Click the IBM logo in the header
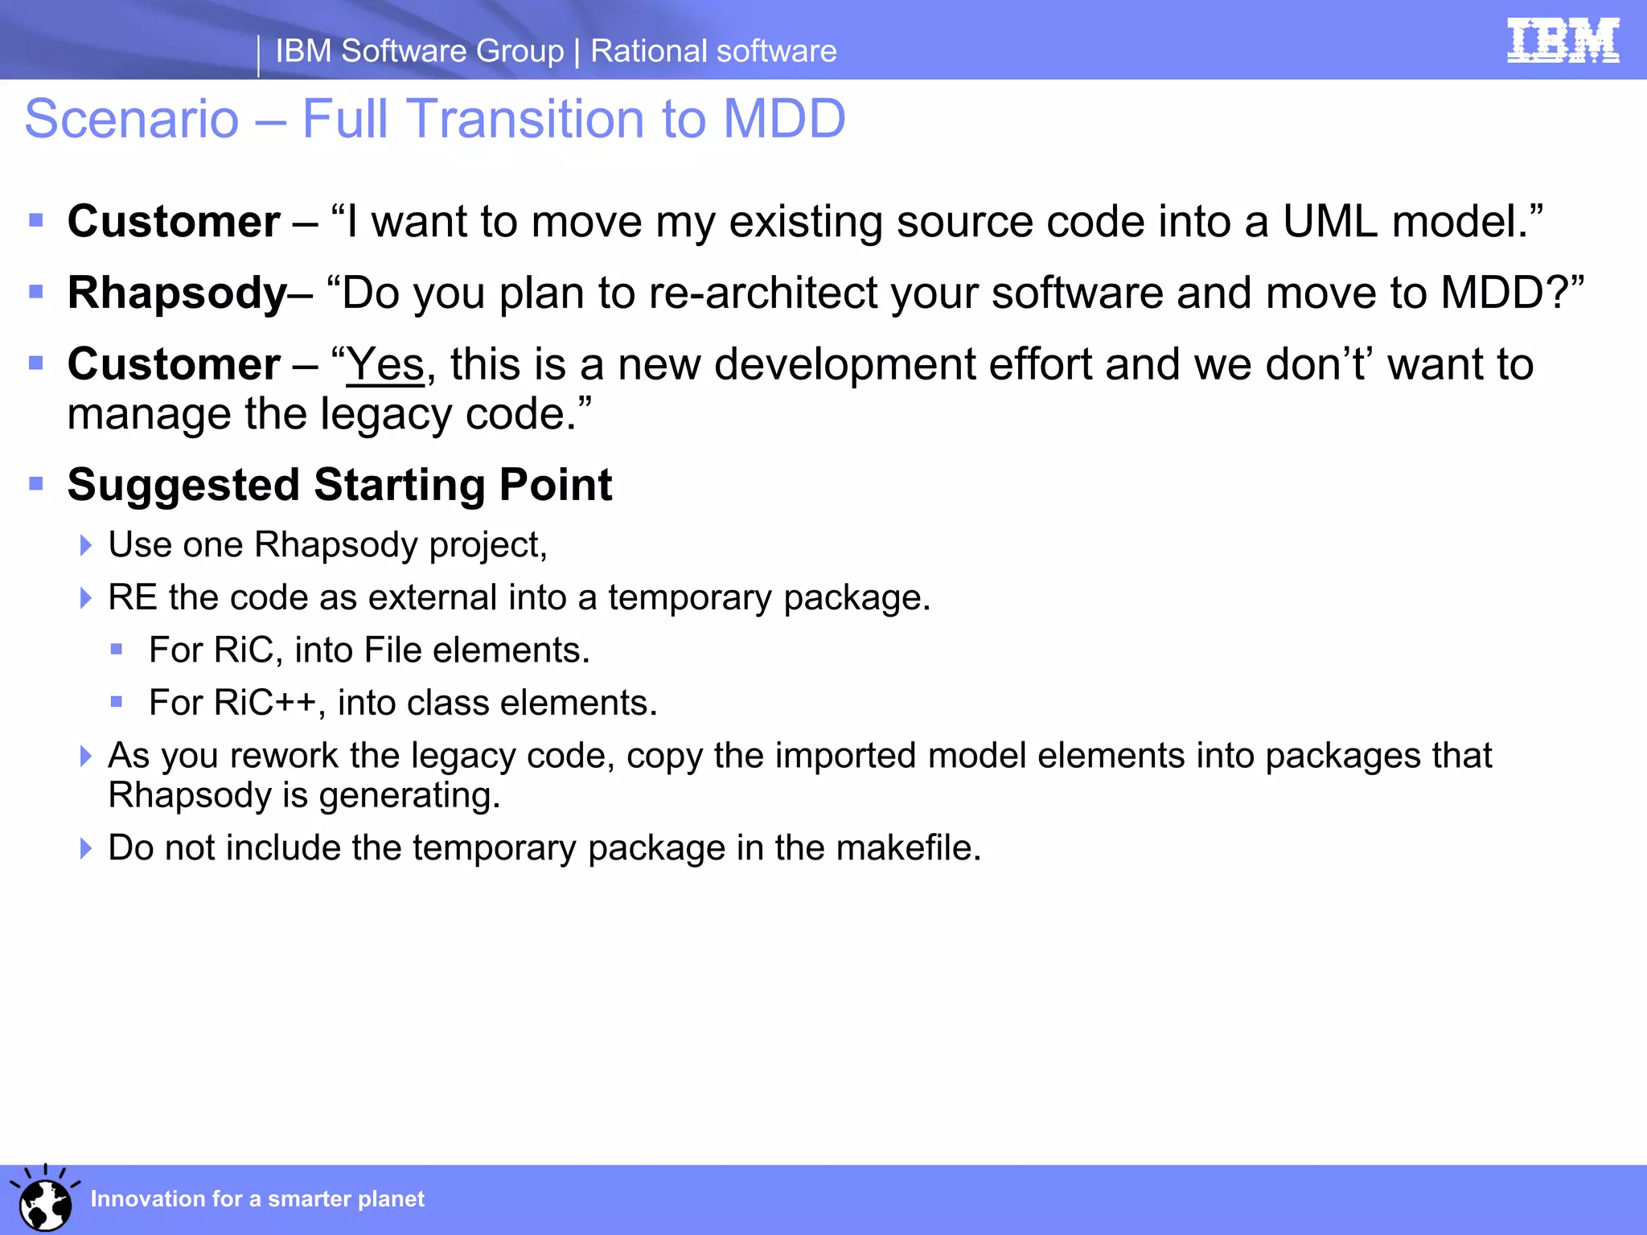pyautogui.click(x=1563, y=40)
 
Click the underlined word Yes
pyautogui.click(x=385, y=365)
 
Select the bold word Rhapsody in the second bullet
pyautogui.click(x=177, y=293)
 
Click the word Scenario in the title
pyautogui.click(x=132, y=119)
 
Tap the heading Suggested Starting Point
pyautogui.click(x=339, y=485)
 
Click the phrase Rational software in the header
pyautogui.click(x=713, y=51)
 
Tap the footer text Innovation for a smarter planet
pyautogui.click(x=257, y=1199)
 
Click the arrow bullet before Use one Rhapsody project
pyautogui.click(x=86, y=546)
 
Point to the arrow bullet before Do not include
pyautogui.click(x=86, y=848)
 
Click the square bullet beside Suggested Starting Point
pyautogui.click(x=36, y=483)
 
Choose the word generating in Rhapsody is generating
pyautogui.click(x=409, y=796)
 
